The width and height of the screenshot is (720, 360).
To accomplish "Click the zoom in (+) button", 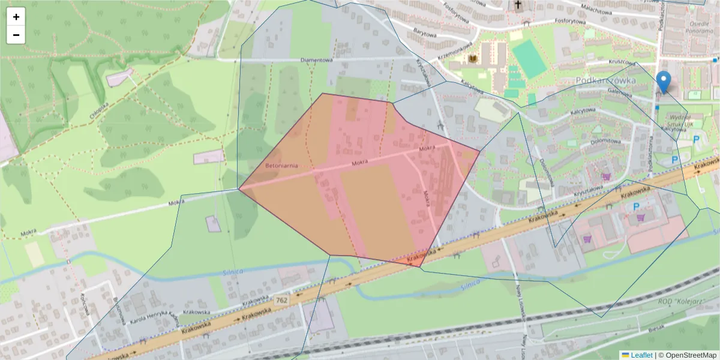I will tap(16, 17).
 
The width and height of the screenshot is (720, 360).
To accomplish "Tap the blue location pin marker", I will tap(663, 82).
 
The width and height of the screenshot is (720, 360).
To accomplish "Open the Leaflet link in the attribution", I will tap(641, 355).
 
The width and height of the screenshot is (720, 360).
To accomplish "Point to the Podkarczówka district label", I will tap(604, 80).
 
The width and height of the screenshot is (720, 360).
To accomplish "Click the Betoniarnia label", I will tap(281, 165).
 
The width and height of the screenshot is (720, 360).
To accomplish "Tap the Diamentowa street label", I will tap(316, 61).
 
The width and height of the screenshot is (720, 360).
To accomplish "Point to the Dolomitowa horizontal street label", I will tap(605, 141).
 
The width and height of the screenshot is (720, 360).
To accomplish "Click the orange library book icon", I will tap(473, 59).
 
